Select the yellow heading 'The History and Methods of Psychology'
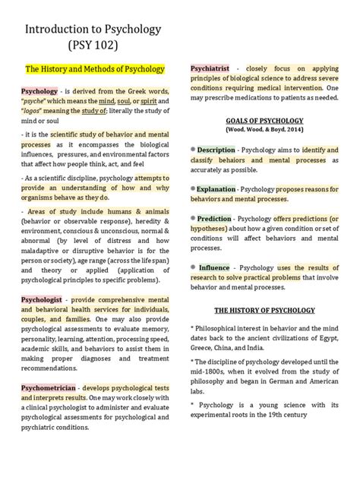pyautogui.click(x=96, y=69)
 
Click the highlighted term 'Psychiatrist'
pyautogui.click(x=211, y=69)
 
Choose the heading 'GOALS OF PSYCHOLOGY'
pyautogui.click(x=264, y=121)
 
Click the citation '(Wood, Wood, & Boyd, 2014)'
pyautogui.click(x=264, y=130)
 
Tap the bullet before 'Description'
pyautogui.click(x=194, y=150)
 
